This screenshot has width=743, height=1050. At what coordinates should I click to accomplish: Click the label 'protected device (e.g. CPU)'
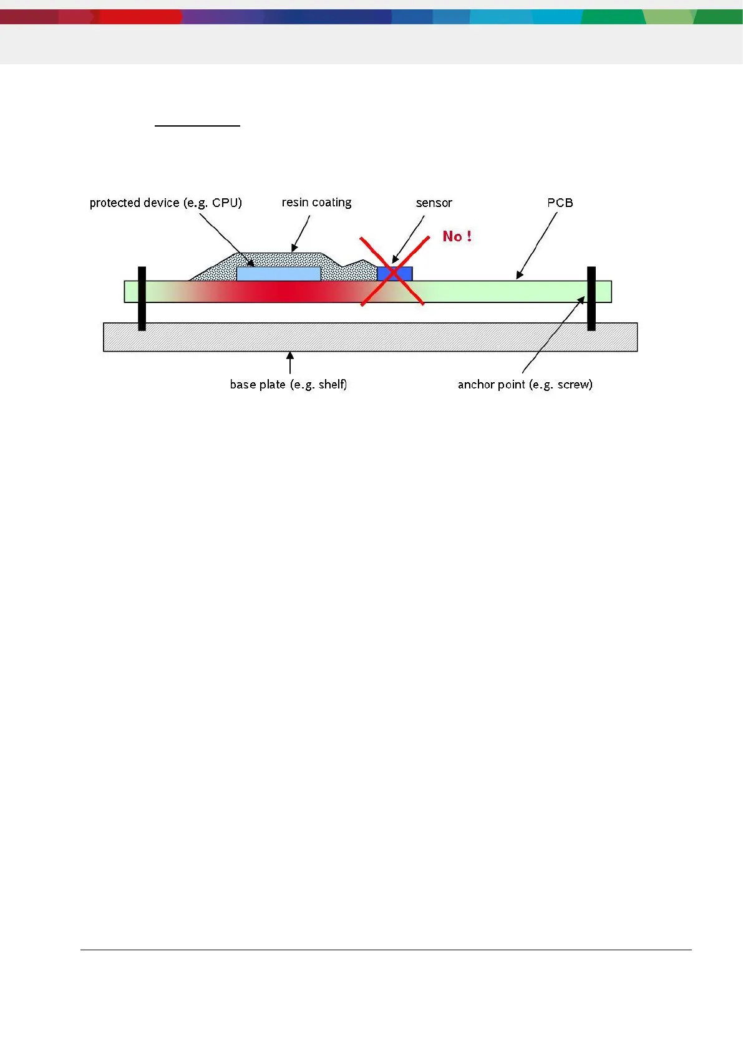point(165,203)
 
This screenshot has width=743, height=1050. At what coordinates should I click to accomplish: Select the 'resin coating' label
point(316,203)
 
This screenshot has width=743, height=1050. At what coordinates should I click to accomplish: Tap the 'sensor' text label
point(434,203)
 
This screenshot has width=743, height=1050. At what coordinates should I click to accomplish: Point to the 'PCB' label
point(560,203)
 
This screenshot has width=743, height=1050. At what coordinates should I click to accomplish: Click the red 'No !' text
point(457,236)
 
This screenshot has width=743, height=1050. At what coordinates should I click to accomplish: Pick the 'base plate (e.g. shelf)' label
point(288,384)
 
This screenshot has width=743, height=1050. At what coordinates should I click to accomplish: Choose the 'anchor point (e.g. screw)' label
point(525,384)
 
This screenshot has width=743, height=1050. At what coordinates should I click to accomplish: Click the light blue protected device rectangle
point(278,274)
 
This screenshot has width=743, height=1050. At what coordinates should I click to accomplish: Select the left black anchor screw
point(142,299)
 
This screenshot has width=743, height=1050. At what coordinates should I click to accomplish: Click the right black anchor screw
point(591,299)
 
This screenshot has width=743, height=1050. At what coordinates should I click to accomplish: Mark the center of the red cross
point(393,272)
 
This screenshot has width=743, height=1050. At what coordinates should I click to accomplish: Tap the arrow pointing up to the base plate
point(289,364)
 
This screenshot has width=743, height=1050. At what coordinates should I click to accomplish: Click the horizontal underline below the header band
point(197,126)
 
